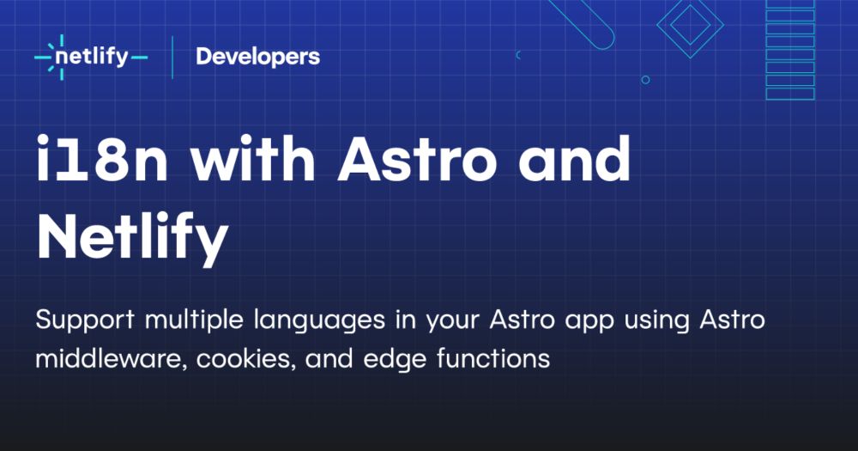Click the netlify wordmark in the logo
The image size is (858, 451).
click(x=92, y=58)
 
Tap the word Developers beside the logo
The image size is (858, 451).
click(x=257, y=57)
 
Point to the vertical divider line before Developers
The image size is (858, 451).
click(x=172, y=57)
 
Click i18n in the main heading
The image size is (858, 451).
click(x=102, y=159)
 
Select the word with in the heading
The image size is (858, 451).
click(x=253, y=158)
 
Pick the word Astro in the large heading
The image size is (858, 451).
click(x=418, y=159)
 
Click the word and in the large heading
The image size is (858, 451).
click(x=575, y=158)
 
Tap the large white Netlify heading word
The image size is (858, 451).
click(x=132, y=237)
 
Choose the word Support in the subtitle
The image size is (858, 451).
click(x=85, y=320)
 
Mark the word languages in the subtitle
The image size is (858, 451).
click(x=319, y=320)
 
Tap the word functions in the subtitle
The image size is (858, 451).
click(x=493, y=359)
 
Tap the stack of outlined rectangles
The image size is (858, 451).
click(x=790, y=50)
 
